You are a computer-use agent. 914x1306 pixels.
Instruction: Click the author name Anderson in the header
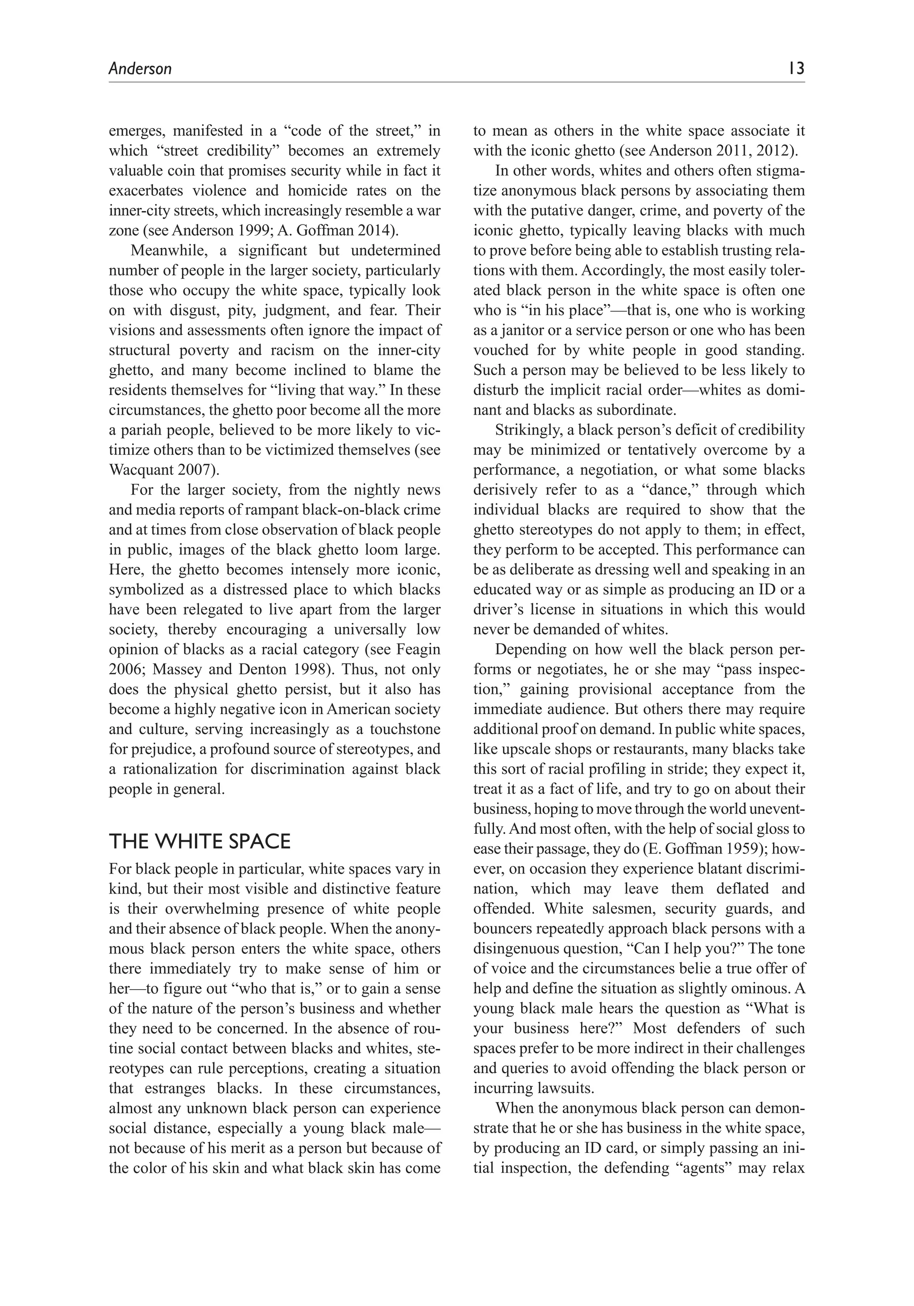click(x=140, y=69)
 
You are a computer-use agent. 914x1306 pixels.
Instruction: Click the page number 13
click(x=796, y=69)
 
